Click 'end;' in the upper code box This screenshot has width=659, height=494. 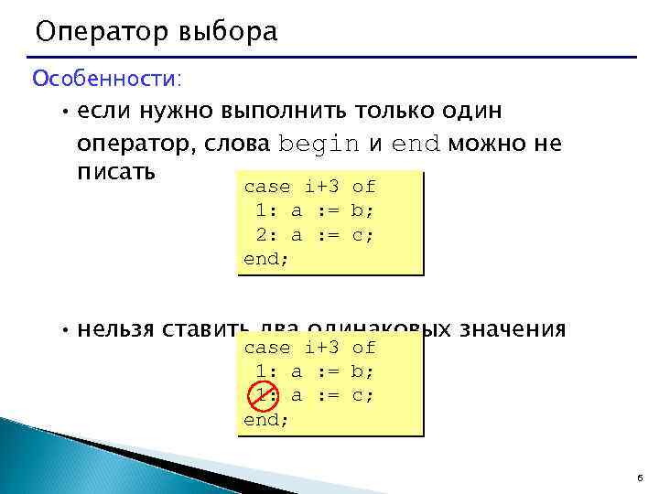[x=266, y=258]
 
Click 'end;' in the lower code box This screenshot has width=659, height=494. [x=266, y=419]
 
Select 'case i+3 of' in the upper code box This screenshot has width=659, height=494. [x=309, y=187]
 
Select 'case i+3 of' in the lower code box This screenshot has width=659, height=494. [x=309, y=348]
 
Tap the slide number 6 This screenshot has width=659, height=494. [x=637, y=478]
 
